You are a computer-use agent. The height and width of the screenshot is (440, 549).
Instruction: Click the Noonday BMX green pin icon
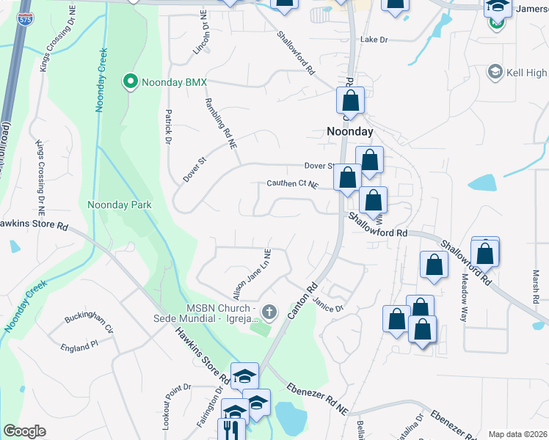click(x=131, y=81)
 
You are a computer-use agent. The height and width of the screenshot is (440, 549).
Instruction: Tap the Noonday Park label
click(x=120, y=205)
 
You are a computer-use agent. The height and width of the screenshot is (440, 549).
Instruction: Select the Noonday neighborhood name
click(x=349, y=131)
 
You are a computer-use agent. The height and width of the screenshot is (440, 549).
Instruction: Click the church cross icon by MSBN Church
click(x=269, y=313)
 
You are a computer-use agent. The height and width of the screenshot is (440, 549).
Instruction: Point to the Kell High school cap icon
click(x=495, y=72)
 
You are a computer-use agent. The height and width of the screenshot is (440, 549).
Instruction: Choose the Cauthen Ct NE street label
click(x=294, y=185)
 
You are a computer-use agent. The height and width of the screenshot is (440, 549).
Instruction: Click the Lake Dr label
click(x=374, y=40)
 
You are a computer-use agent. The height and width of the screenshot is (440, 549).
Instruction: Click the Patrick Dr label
click(x=168, y=126)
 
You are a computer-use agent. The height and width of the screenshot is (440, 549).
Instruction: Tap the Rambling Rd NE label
click(x=221, y=124)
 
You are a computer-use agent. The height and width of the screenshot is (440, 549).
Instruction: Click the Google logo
click(x=24, y=431)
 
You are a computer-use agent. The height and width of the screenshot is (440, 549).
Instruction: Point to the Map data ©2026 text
click(x=517, y=434)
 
